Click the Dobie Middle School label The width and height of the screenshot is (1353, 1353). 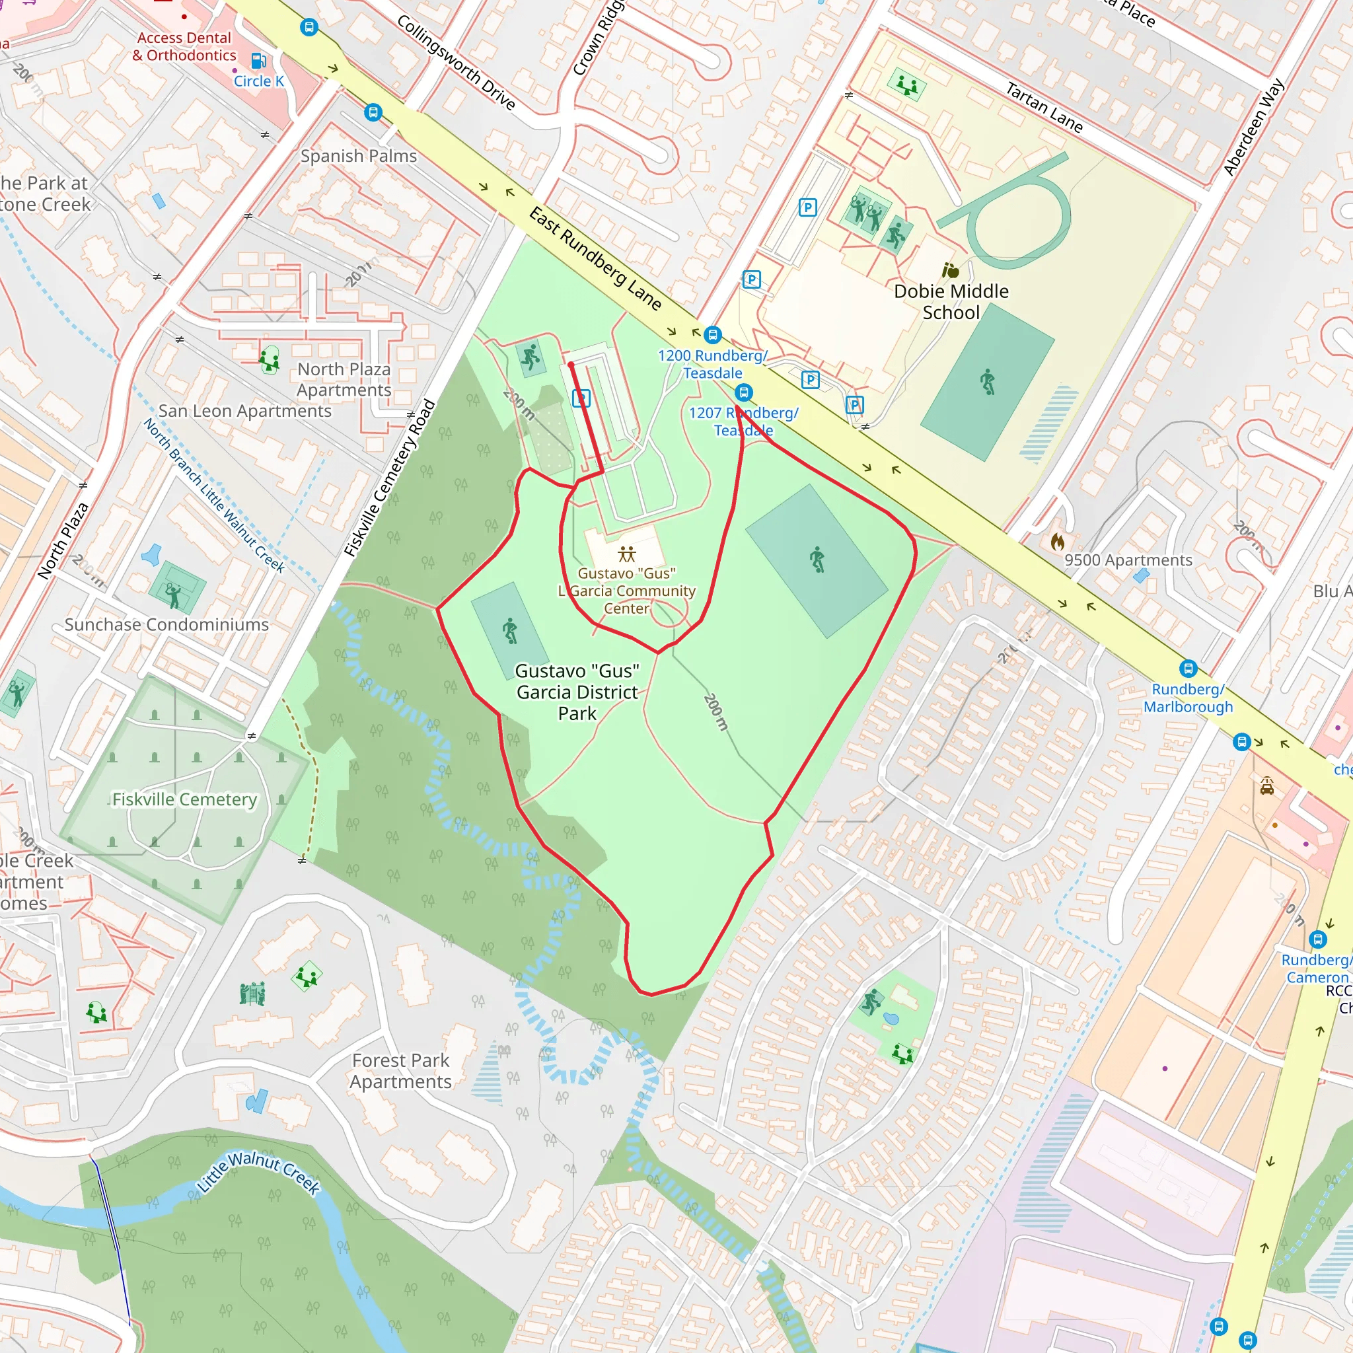(x=951, y=301)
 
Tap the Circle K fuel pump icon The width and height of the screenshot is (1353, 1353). (x=258, y=61)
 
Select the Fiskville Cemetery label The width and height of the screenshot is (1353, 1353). (x=184, y=799)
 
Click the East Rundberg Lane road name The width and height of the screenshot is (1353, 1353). (x=595, y=258)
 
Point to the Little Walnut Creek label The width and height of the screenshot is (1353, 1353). (x=258, y=1173)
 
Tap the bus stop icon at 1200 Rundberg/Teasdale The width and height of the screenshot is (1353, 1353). (x=712, y=335)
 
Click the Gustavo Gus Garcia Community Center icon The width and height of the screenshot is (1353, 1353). (x=627, y=555)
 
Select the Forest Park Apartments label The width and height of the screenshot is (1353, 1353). (x=400, y=1071)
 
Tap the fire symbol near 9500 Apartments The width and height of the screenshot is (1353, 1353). (x=1057, y=541)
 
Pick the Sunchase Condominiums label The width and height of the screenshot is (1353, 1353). (x=166, y=625)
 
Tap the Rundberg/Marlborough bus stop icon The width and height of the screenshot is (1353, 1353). (x=1188, y=668)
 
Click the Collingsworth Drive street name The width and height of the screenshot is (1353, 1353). (x=456, y=63)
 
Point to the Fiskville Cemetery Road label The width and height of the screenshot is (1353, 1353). (x=390, y=478)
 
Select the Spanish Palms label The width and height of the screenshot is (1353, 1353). (x=359, y=155)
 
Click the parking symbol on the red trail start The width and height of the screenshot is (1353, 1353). (x=581, y=398)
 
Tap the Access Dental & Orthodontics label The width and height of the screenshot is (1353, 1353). (x=184, y=46)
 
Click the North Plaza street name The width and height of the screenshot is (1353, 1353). (x=63, y=540)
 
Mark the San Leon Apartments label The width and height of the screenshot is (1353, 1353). (x=244, y=411)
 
